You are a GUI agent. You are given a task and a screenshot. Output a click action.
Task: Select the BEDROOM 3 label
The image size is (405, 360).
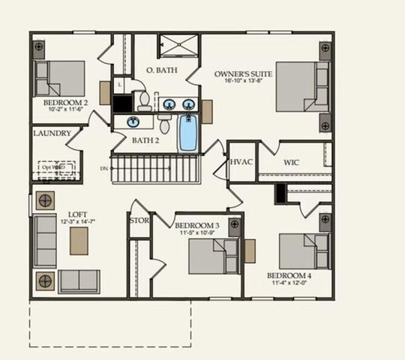[196, 225]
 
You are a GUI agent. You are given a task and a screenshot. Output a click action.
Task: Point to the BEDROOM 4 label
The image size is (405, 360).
[289, 275]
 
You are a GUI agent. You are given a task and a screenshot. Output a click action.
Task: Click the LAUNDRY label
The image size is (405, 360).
[52, 133]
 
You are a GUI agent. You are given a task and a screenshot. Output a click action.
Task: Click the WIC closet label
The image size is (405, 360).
[292, 162]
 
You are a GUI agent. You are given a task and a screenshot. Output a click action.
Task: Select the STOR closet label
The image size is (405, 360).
[139, 221]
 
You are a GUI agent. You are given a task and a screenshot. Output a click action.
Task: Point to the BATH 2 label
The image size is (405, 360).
[145, 140]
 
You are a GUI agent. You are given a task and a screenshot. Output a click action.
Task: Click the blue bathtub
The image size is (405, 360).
[187, 132]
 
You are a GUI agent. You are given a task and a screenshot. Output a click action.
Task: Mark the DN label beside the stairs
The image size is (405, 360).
[103, 169]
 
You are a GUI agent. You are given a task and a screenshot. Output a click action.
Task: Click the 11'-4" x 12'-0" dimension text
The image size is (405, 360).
[289, 283]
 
